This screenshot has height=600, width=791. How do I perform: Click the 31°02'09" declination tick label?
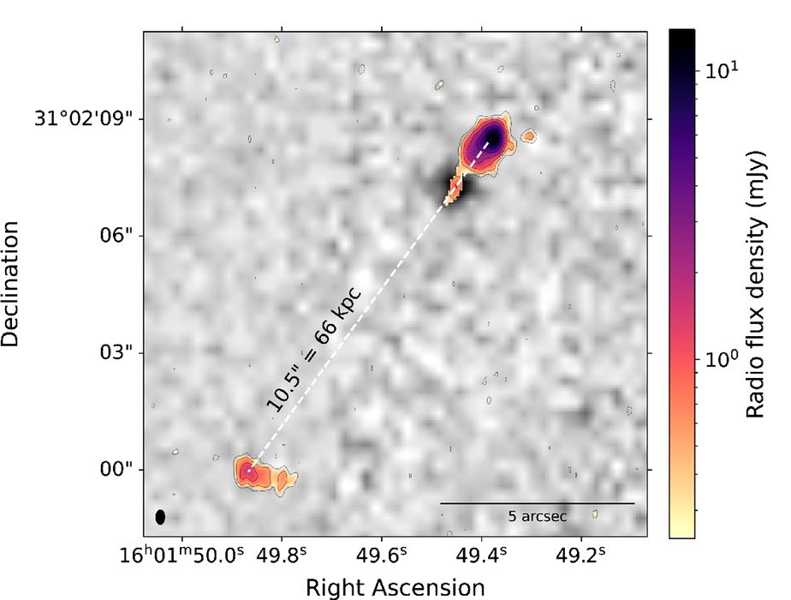point(81,118)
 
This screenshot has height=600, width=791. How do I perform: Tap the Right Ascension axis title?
point(395,586)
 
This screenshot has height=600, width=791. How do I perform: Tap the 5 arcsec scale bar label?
point(538,516)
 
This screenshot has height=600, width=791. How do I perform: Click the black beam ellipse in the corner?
point(160,517)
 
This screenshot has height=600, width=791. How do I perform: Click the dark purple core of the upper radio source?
point(491,137)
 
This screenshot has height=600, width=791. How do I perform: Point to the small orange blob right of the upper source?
point(530,135)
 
